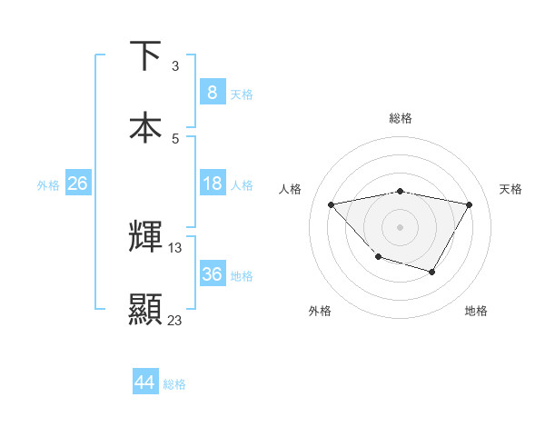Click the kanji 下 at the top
pos(146,55)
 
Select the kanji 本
pos(146,127)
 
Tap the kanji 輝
pos(146,237)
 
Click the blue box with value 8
pos(212,92)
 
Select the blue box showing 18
pos(212,184)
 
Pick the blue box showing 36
pos(212,274)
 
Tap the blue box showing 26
pos(77,184)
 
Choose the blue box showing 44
pos(145,382)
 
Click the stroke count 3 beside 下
pos(175,66)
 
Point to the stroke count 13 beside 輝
pos(175,248)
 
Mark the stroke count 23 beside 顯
pos(175,321)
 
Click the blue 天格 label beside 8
pos(242,94)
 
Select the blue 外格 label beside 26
pos(48,185)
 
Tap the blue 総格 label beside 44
pos(174,384)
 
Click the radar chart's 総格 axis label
pos(401,118)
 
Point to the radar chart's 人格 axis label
pos(291,189)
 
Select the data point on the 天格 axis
pos(470,204)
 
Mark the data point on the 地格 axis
pos(432,272)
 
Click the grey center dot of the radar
pos(401,226)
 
